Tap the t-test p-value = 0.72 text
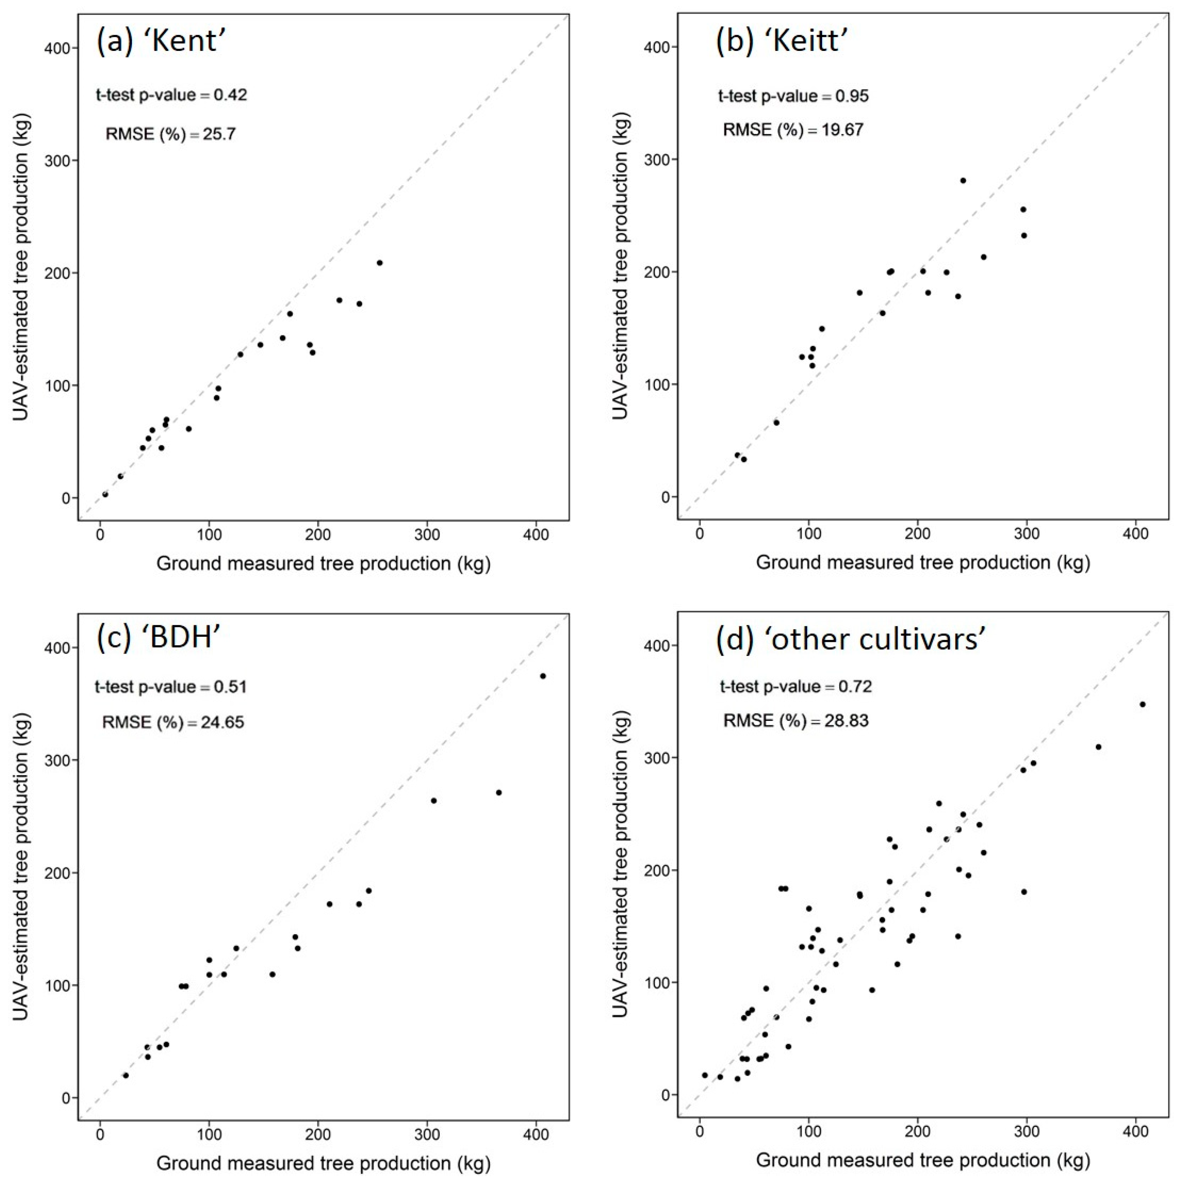(795, 686)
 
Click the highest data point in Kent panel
(380, 263)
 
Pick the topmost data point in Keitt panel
(963, 180)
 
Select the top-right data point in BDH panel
(542, 676)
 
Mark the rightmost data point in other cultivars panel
(1142, 704)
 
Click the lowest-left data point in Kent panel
(105, 494)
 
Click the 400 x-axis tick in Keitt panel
(1136, 534)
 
